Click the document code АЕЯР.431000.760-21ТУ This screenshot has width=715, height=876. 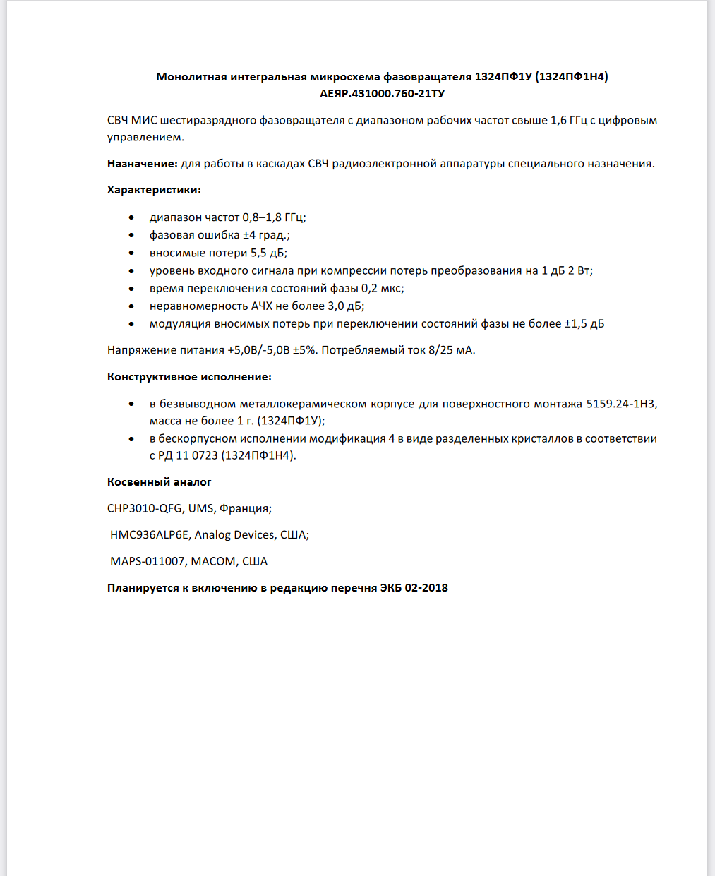(x=382, y=93)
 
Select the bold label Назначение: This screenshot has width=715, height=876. (x=142, y=164)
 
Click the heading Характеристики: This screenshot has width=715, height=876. (x=154, y=190)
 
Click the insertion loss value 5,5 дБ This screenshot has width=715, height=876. (x=268, y=253)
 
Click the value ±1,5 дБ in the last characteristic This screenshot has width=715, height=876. (x=584, y=323)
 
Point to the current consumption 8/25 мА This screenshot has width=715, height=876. (x=451, y=350)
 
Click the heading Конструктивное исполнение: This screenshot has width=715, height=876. (x=189, y=377)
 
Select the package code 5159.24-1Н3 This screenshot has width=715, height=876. (x=620, y=404)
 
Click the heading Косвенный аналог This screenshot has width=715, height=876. (x=160, y=482)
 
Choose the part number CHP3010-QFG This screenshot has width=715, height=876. (x=145, y=508)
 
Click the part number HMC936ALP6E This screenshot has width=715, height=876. (x=150, y=535)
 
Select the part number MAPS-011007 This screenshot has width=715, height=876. (x=148, y=561)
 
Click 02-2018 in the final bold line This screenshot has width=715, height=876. (x=426, y=588)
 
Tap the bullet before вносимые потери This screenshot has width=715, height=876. (x=131, y=253)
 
